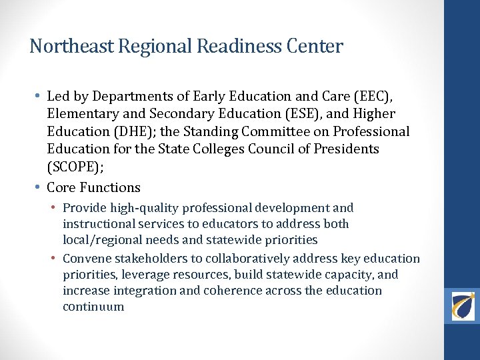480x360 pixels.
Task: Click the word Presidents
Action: pos(346,149)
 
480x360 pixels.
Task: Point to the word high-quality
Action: pos(139,208)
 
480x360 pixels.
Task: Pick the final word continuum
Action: pos(93,307)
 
